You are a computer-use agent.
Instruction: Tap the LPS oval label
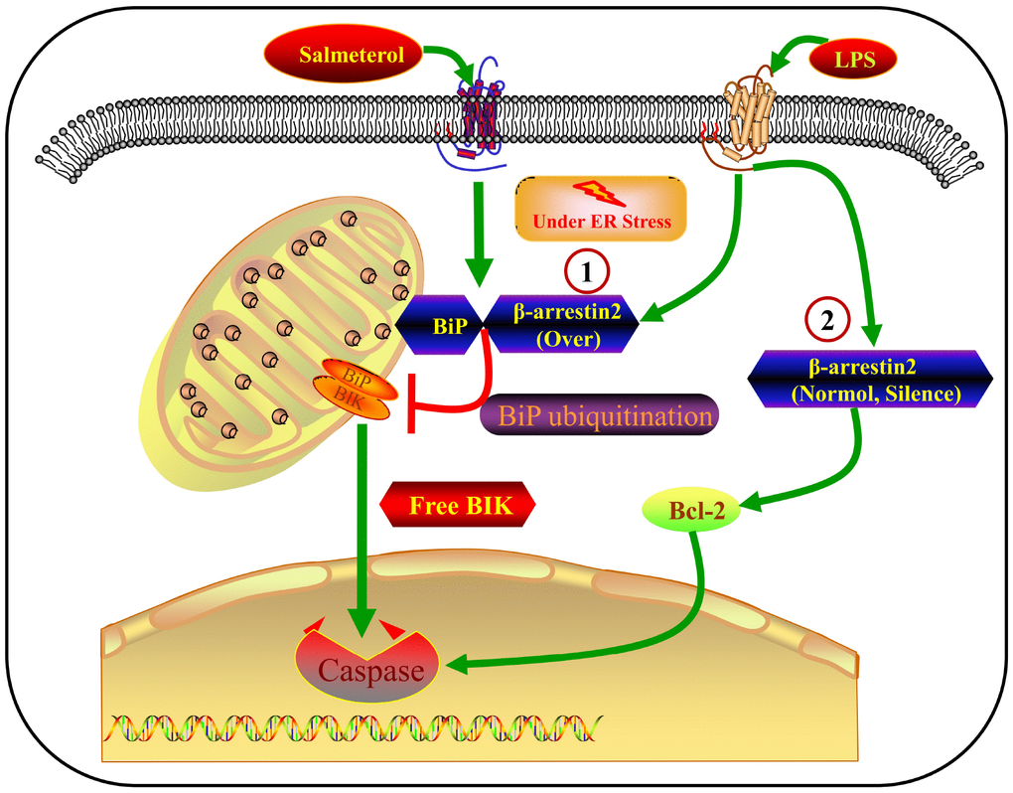[x=853, y=61]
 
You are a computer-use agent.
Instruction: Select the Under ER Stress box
[x=601, y=209]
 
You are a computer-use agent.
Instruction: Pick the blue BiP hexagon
[x=439, y=324]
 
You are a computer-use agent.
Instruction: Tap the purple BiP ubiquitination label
[x=598, y=415]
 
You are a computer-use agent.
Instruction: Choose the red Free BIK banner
[x=458, y=505]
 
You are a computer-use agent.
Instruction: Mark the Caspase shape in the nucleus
[x=370, y=667]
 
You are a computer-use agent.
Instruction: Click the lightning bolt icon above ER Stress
[x=601, y=193]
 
